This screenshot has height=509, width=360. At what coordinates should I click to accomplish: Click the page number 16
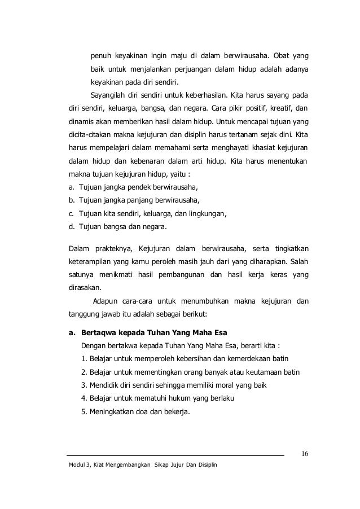coord(304,454)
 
